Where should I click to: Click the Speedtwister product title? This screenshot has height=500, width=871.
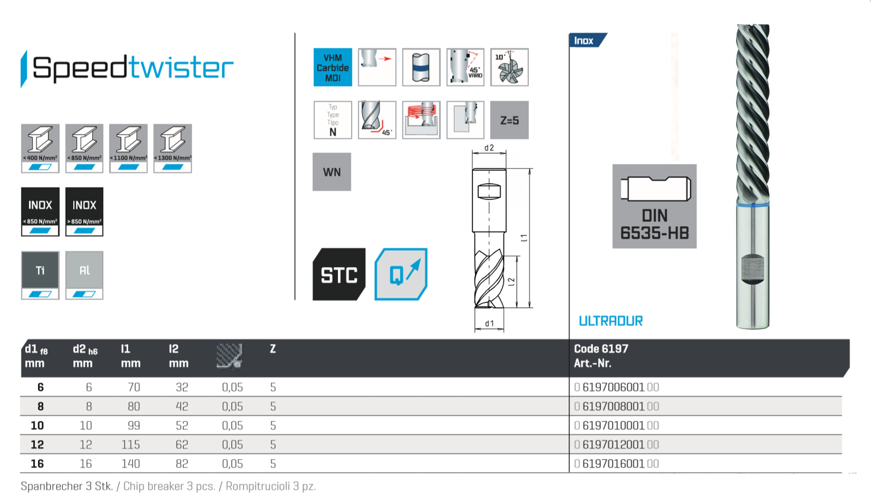133,68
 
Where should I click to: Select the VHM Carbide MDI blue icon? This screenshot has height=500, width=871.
333,68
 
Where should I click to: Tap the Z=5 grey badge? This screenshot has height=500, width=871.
509,120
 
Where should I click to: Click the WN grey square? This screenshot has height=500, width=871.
332,172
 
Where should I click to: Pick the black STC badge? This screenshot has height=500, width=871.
339,275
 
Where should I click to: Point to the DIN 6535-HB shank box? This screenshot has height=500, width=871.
654,206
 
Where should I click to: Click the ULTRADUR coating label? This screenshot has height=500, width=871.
610,321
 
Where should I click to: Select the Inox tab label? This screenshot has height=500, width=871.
584,40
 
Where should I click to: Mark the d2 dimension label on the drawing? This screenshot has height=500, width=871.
489,148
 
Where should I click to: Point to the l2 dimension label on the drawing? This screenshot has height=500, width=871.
511,281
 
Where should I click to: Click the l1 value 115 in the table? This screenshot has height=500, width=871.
131,445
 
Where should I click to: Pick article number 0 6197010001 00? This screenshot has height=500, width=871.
617,426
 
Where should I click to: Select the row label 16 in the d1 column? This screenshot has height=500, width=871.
37,464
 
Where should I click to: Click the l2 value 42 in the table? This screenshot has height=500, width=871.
182,406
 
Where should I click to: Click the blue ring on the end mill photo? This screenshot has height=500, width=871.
753,204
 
